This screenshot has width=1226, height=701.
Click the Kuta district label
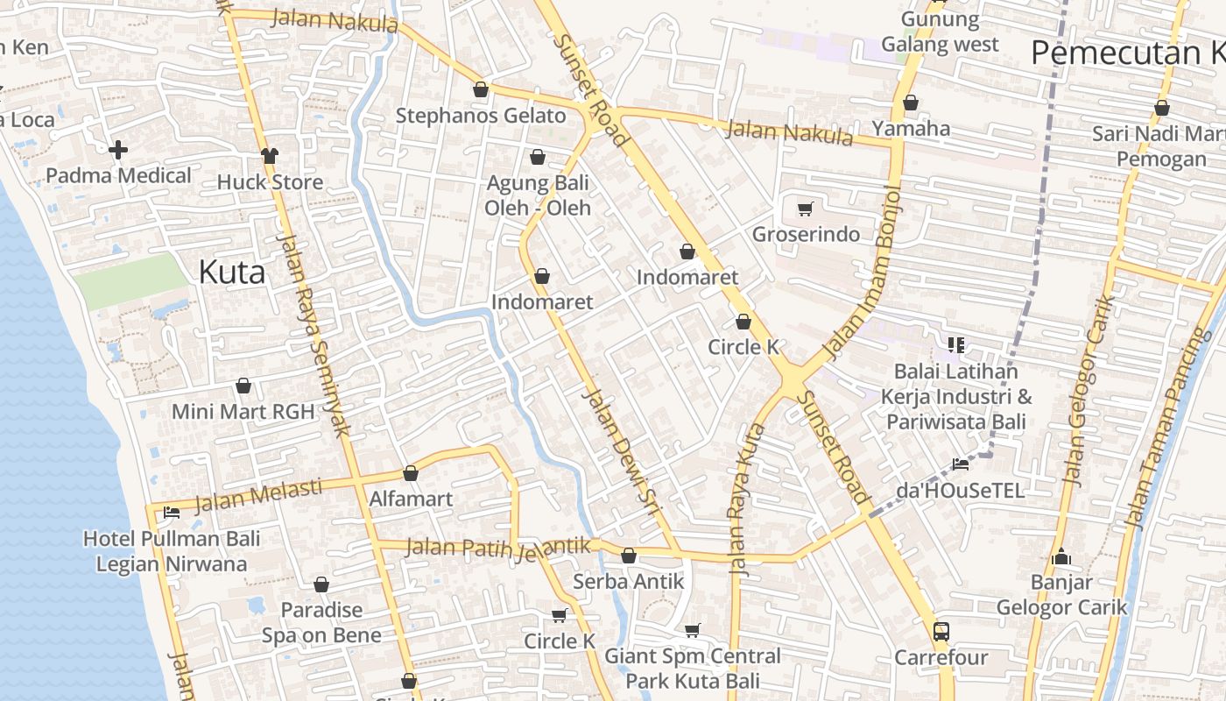[232, 272]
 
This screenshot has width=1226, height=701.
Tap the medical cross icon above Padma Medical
[118, 150]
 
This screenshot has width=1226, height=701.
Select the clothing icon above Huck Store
[269, 156]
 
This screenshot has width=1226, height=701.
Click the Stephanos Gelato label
[481, 116]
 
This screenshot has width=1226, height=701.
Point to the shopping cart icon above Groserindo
[806, 209]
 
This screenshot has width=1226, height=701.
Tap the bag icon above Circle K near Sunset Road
[743, 322]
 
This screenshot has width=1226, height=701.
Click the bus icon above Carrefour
[941, 631]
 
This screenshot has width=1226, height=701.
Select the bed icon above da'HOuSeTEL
[961, 464]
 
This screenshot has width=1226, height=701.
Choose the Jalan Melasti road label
[258, 495]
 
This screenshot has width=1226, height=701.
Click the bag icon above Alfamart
[411, 473]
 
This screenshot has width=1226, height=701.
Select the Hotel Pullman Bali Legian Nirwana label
[172, 551]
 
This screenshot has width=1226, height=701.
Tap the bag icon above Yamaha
[911, 103]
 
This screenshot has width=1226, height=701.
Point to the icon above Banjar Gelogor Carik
[1061, 556]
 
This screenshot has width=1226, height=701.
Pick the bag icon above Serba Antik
[629, 556]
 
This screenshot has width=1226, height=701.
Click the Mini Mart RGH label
[243, 412]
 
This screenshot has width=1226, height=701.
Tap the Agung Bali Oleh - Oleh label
[538, 196]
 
